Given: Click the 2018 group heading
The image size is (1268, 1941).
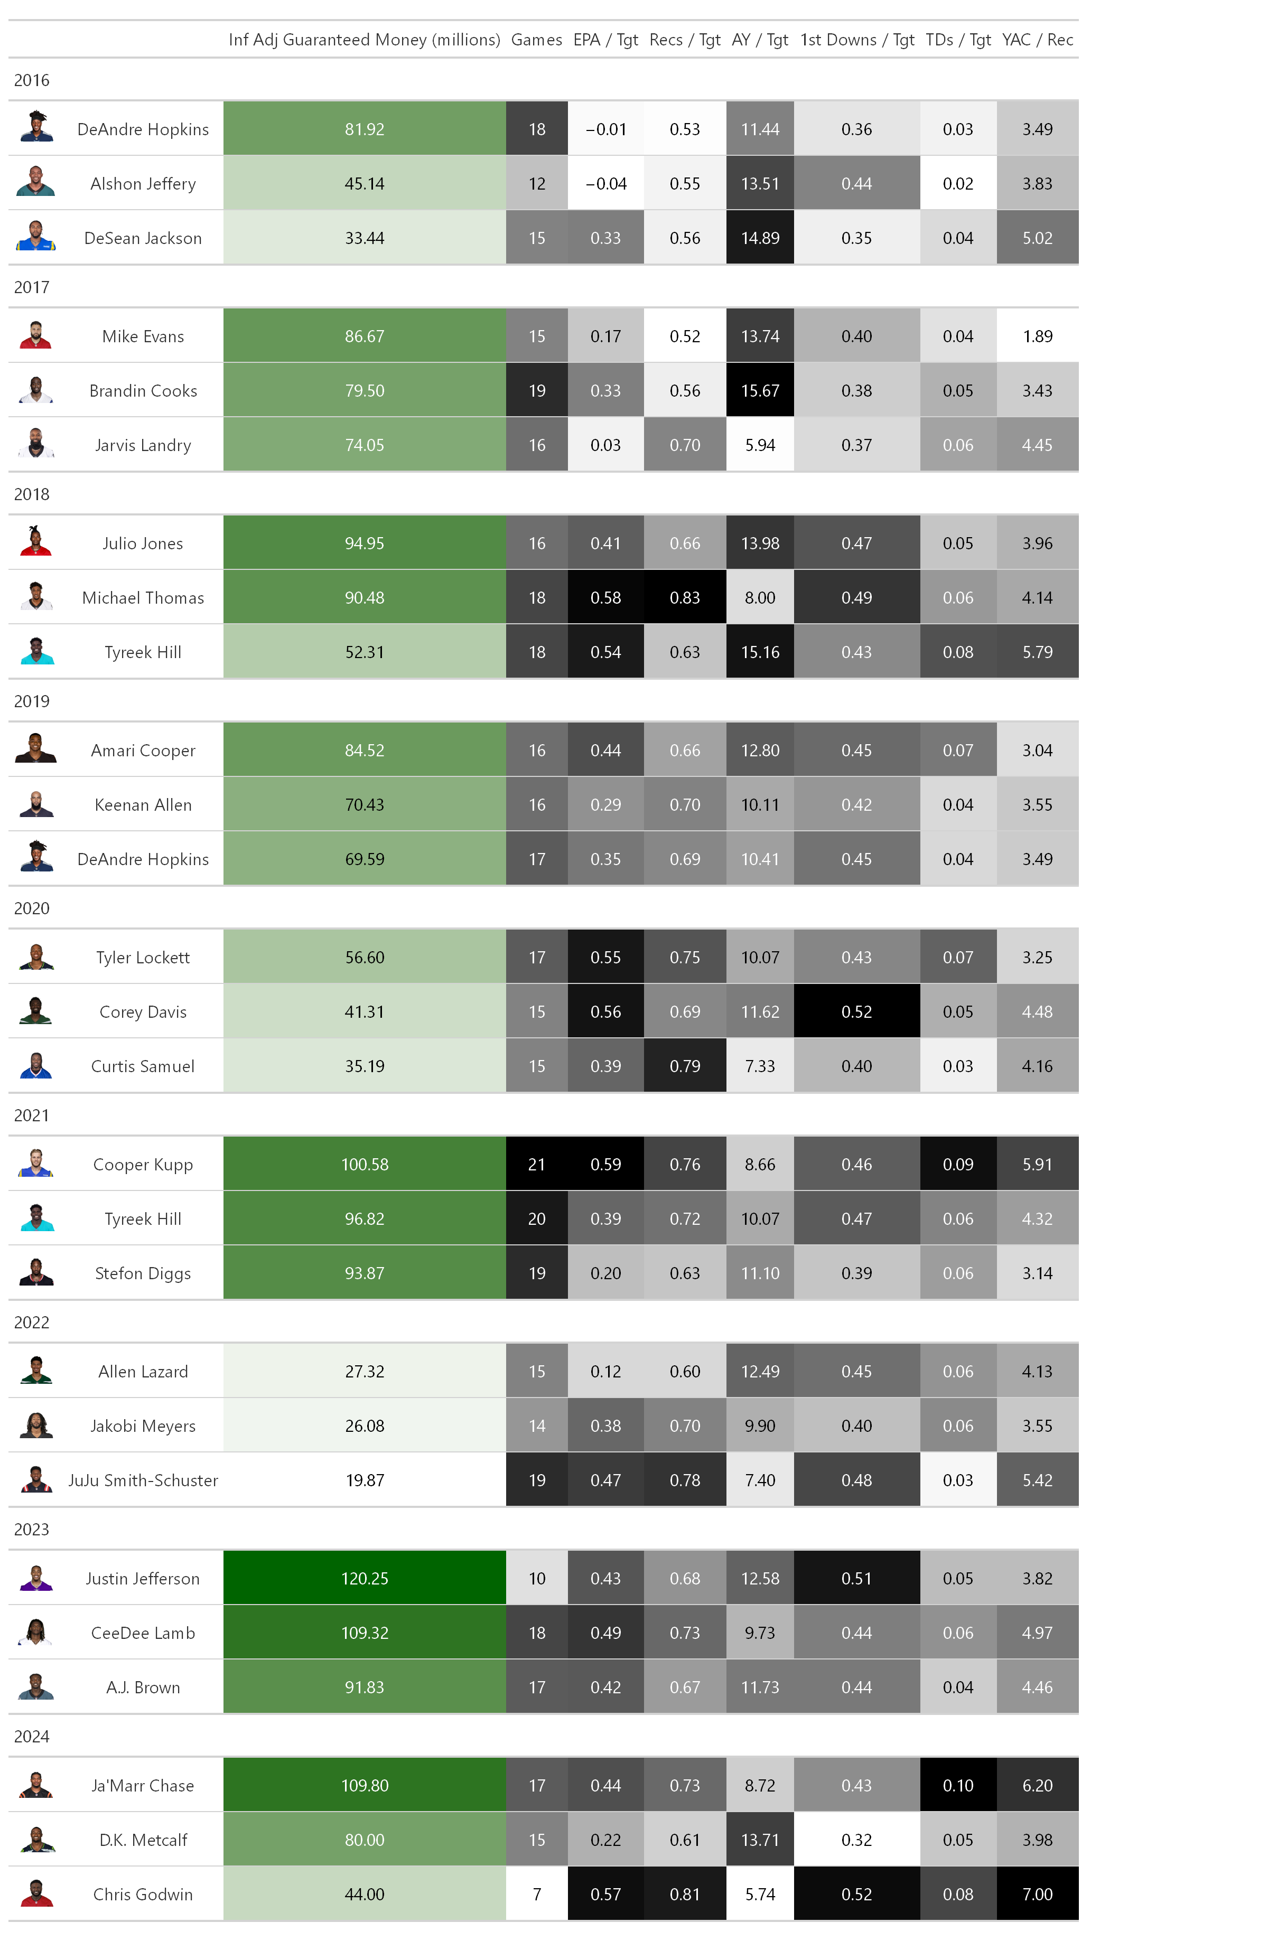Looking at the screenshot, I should tap(32, 494).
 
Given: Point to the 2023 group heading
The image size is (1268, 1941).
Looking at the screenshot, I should tap(32, 1529).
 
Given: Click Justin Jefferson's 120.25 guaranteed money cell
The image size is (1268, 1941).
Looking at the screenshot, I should tap(364, 1578).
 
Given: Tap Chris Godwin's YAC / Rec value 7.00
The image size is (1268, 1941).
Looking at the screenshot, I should tap(1037, 1893).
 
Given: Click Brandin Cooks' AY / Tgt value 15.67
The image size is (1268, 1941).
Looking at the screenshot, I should tap(760, 391).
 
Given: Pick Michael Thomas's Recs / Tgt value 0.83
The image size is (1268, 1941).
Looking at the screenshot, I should tap(685, 598).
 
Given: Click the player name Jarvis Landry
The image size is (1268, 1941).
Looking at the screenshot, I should tap(143, 445).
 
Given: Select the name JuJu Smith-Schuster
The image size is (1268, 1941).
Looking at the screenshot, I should tap(143, 1480).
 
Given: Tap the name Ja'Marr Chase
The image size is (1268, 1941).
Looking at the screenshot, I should tap(143, 1785).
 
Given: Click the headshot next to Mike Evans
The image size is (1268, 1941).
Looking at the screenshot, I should tap(36, 336).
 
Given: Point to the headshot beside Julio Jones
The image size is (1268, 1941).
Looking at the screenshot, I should tap(36, 543).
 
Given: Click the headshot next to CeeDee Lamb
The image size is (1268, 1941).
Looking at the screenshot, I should tap(36, 1633).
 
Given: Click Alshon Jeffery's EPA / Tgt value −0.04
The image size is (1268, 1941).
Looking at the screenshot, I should tap(605, 183).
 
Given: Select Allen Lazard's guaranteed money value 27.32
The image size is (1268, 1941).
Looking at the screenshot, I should tap(364, 1372).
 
